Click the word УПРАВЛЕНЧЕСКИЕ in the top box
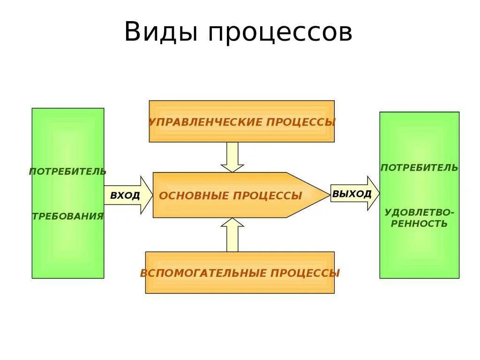[205, 122]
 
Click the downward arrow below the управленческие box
[232, 157]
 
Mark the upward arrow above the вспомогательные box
[232, 234]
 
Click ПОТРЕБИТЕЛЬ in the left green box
[67, 172]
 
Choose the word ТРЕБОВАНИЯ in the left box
[67, 216]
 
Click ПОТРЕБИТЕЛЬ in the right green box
[419, 168]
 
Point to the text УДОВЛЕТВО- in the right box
[419, 212]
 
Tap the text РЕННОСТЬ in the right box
[419, 224]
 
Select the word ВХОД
[125, 195]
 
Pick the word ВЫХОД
[352, 194]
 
